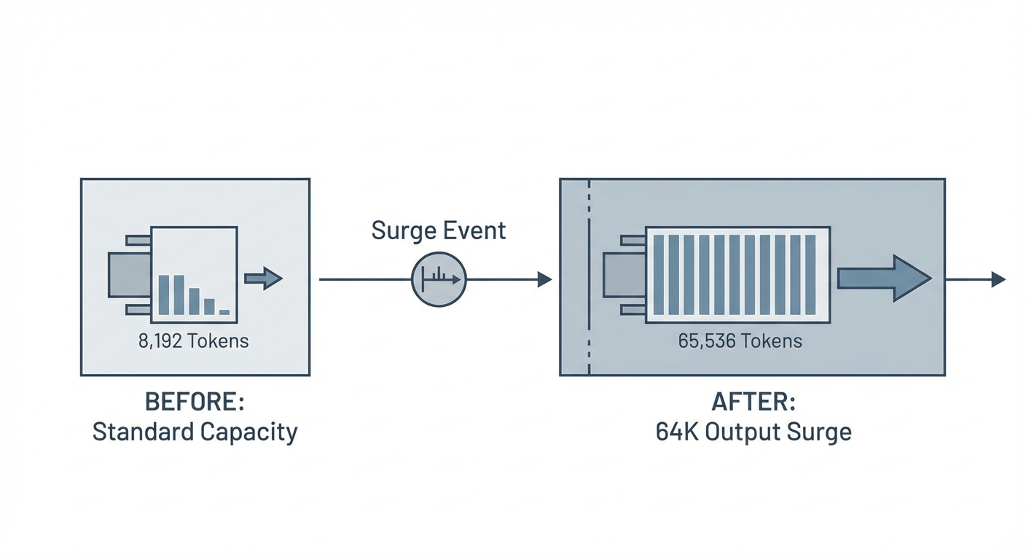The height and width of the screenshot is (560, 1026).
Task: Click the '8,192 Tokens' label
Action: click(x=193, y=341)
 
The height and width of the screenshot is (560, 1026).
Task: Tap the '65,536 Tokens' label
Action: click(x=740, y=341)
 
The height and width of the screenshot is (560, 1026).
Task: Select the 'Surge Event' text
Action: click(x=438, y=230)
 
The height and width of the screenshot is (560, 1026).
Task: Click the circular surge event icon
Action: click(x=439, y=279)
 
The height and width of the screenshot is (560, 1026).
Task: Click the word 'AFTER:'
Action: click(x=753, y=402)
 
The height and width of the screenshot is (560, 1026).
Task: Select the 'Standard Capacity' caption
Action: click(x=195, y=432)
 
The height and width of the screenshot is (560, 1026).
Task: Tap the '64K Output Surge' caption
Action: click(x=753, y=432)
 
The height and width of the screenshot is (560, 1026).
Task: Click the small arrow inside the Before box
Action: click(x=263, y=279)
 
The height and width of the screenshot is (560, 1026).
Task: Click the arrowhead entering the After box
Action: click(x=544, y=279)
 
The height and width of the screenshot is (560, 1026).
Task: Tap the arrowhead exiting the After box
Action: click(x=998, y=279)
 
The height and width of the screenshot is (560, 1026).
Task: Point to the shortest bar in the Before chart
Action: click(x=224, y=312)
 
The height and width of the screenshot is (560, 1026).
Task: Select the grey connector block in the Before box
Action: click(x=129, y=275)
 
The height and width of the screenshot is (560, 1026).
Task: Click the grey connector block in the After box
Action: click(x=624, y=275)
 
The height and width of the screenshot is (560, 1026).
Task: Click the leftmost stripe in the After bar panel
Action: click(x=659, y=275)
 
